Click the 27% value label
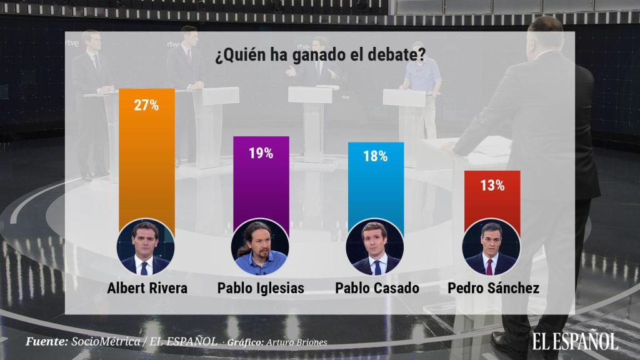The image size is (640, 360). (x=146, y=104)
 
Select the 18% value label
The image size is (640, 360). (x=375, y=156)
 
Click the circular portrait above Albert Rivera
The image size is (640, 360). (x=146, y=247)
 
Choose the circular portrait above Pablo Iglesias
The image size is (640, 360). (x=261, y=247)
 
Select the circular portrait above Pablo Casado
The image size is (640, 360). (x=375, y=247)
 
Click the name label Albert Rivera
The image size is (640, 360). (x=146, y=288)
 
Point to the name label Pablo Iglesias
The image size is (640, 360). (x=261, y=288)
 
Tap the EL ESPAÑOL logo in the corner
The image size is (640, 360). (x=575, y=340)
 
